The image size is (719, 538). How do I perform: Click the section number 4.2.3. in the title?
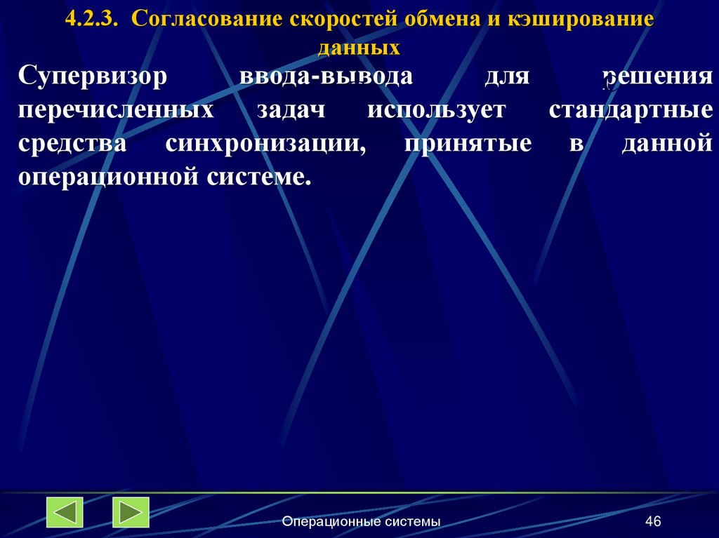(x=92, y=20)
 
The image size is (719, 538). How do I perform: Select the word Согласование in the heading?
(x=204, y=20)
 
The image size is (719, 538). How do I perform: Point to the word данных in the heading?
(x=359, y=48)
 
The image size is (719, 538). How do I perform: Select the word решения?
(x=657, y=76)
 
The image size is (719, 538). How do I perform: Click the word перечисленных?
(x=116, y=110)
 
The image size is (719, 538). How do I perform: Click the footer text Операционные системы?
(x=362, y=521)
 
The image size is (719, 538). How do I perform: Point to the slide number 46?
(x=653, y=521)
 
